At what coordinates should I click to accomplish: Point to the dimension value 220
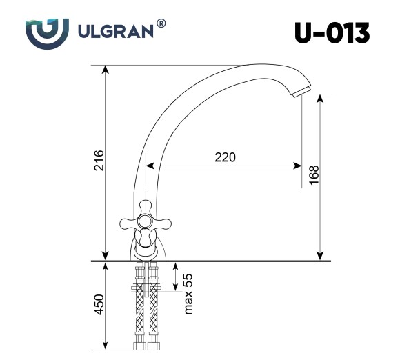click(x=225, y=157)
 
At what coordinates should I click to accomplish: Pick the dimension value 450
click(x=99, y=303)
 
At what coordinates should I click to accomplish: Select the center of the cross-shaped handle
click(x=146, y=221)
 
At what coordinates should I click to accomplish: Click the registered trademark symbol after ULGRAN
click(x=161, y=23)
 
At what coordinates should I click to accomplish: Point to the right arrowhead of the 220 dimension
click(x=299, y=166)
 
